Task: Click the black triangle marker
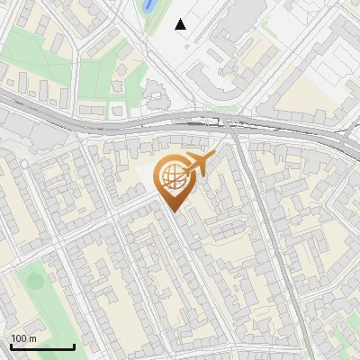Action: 181,23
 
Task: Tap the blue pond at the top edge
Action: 148,4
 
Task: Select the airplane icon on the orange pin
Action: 199,164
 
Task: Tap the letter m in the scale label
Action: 33,338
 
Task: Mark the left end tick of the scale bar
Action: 10,346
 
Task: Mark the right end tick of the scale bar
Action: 74,346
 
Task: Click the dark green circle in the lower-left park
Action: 34,280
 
